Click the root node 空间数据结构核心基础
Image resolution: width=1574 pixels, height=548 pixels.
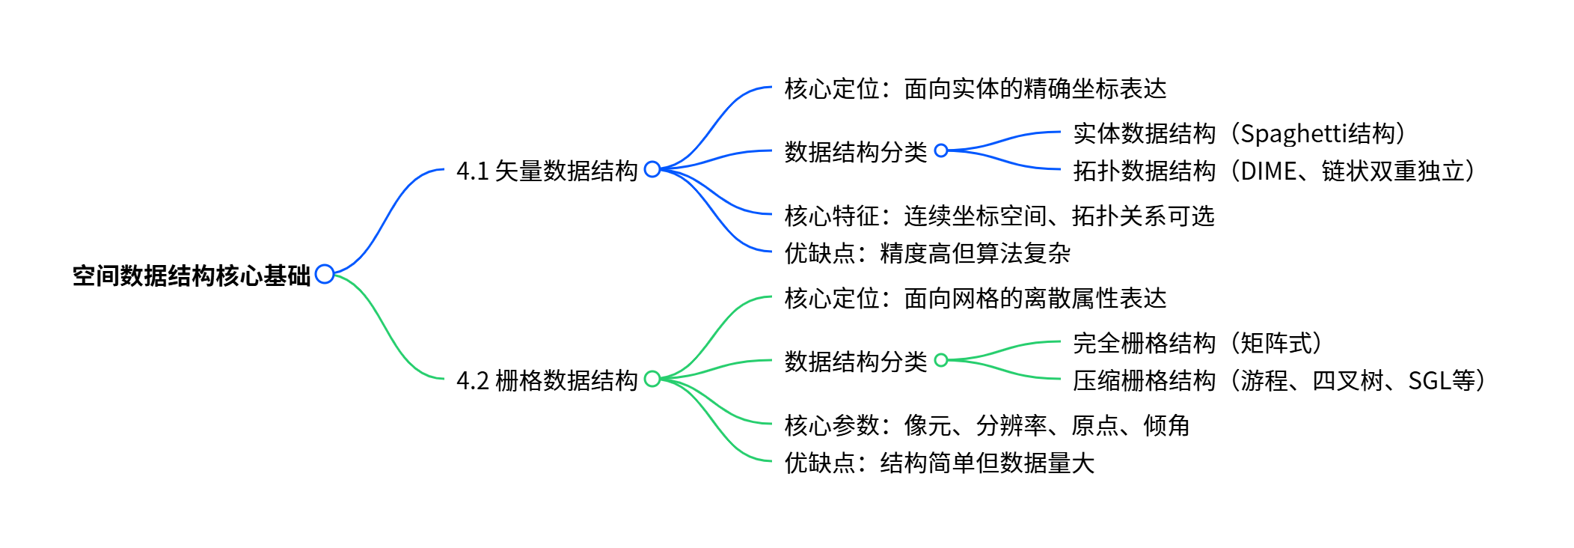191,275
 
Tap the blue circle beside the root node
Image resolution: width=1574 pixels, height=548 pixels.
325,274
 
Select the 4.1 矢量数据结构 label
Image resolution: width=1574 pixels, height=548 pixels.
547,171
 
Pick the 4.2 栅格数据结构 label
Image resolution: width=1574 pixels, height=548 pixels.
547,380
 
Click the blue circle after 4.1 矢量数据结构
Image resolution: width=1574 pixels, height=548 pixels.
652,169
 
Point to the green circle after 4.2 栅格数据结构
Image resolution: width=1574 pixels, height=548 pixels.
652,379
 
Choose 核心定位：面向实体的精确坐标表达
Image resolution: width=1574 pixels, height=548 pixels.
975,88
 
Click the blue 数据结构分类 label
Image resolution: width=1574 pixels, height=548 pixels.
855,152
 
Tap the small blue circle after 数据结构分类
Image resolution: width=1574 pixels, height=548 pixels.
941,150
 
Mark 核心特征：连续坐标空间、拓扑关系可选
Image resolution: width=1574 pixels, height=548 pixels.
999,216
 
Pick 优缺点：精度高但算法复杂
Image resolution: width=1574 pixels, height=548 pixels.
927,253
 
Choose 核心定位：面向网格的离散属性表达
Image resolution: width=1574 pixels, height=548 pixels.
975,298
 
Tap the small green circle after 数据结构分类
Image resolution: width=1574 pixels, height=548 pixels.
941,360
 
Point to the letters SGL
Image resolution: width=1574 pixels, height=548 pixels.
1429,381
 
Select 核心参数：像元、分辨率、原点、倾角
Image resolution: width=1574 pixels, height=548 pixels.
987,425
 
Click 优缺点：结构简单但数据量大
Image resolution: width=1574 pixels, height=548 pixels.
939,463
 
